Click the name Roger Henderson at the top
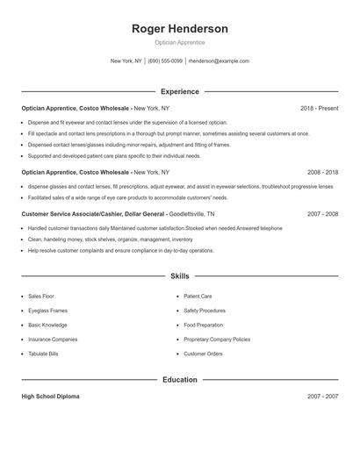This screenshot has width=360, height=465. pyautogui.click(x=179, y=29)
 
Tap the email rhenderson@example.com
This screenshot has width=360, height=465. pyautogui.click(x=219, y=61)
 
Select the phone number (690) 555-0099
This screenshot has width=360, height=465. pyautogui.click(x=165, y=61)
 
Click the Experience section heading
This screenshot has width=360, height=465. pyautogui.click(x=179, y=91)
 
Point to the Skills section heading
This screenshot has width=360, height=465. pyautogui.click(x=179, y=276)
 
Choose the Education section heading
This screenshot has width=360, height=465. pyautogui.click(x=179, y=380)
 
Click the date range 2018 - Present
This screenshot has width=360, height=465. pyautogui.click(x=319, y=108)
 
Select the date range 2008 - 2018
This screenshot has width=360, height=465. pyautogui.click(x=322, y=173)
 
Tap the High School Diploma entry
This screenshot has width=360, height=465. pyautogui.click(x=50, y=397)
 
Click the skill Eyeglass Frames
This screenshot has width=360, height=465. pyautogui.click(x=47, y=311)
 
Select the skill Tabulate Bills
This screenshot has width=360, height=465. pyautogui.click(x=44, y=354)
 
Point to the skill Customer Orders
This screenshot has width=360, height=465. pyautogui.click(x=204, y=354)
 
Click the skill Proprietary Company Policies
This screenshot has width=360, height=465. pyautogui.click(x=217, y=340)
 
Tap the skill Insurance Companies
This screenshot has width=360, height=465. pyautogui.click(x=53, y=340)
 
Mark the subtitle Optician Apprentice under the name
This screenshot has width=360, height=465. pyautogui.click(x=179, y=42)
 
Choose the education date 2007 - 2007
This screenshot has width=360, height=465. pyautogui.click(x=322, y=397)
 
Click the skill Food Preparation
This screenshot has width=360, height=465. pyautogui.click(x=204, y=325)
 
